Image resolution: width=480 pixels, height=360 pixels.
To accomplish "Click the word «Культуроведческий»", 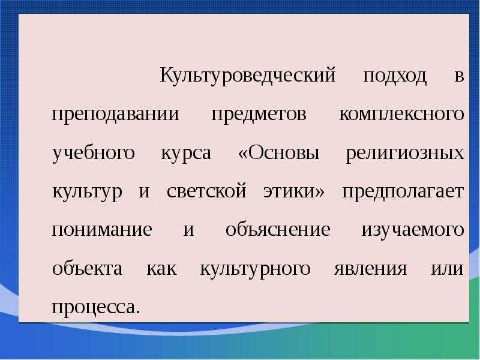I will pyautogui.click(x=247, y=77).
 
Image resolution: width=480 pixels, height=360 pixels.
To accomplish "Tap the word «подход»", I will pyautogui.click(x=395, y=77).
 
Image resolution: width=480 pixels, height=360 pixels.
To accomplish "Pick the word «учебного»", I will pyautogui.click(x=93, y=154).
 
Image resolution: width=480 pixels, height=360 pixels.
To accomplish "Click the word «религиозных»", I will pyautogui.click(x=405, y=154).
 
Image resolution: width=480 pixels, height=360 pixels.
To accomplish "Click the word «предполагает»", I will pyautogui.click(x=403, y=192).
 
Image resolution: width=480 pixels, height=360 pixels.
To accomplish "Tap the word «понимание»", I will pyautogui.click(x=101, y=230).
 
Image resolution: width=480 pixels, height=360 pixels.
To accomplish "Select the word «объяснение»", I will pyautogui.click(x=278, y=230).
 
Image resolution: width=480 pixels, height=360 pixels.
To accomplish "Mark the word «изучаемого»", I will pyautogui.click(x=412, y=230).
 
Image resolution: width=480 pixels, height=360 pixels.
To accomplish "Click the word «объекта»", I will pyautogui.click(x=87, y=269).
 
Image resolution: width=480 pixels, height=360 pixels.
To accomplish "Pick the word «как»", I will pyautogui.click(x=161, y=269).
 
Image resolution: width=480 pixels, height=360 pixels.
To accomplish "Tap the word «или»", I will pyautogui.click(x=448, y=269).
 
